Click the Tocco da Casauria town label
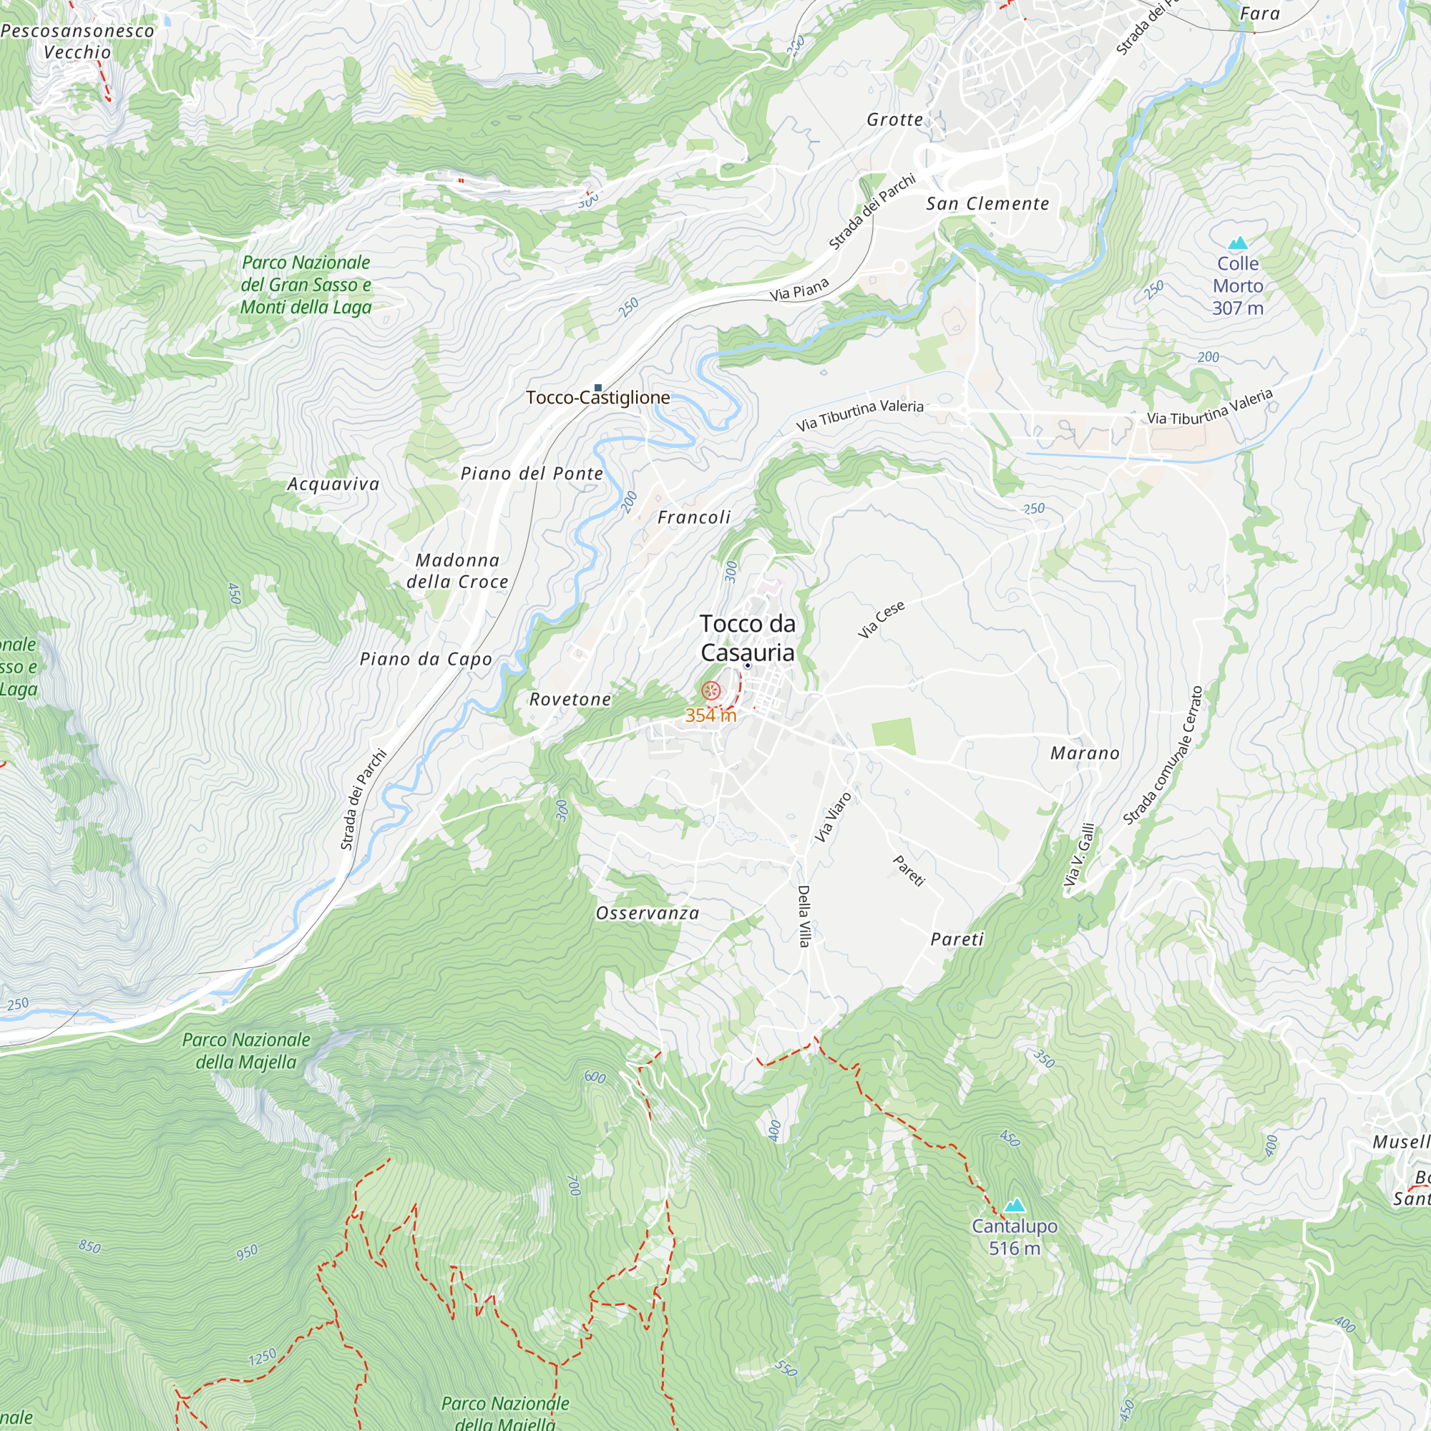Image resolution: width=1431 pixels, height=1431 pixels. pyautogui.click(x=748, y=638)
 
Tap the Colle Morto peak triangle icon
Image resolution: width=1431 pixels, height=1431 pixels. pyautogui.click(x=1238, y=243)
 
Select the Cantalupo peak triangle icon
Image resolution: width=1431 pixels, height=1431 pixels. pyautogui.click(x=1014, y=1205)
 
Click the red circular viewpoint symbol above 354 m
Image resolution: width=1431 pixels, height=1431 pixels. pyautogui.click(x=710, y=691)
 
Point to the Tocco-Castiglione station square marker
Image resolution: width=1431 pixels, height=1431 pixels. pyautogui.click(x=597, y=387)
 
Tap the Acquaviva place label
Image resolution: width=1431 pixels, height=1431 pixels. pyautogui.click(x=333, y=484)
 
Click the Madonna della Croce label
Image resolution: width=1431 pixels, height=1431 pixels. pyautogui.click(x=457, y=571)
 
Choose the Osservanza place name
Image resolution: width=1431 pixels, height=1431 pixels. pyautogui.click(x=648, y=913)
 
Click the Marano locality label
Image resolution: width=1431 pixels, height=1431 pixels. pyautogui.click(x=1085, y=753)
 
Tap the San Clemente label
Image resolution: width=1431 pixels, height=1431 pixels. pyautogui.click(x=987, y=204)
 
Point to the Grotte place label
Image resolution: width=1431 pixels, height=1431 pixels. pyautogui.click(x=895, y=119)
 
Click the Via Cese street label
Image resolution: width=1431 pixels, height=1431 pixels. pyautogui.click(x=881, y=619)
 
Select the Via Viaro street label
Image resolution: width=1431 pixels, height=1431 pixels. pyautogui.click(x=834, y=817)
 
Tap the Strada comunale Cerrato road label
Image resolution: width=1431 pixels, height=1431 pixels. pyautogui.click(x=1163, y=756)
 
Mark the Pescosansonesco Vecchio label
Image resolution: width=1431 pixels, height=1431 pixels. pyautogui.click(x=77, y=41)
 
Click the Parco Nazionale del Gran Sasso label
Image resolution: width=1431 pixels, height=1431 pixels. pyautogui.click(x=306, y=285)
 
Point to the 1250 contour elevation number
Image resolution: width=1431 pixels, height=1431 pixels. pyautogui.click(x=262, y=1357)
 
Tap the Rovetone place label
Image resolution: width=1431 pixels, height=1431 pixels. pyautogui.click(x=570, y=699)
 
